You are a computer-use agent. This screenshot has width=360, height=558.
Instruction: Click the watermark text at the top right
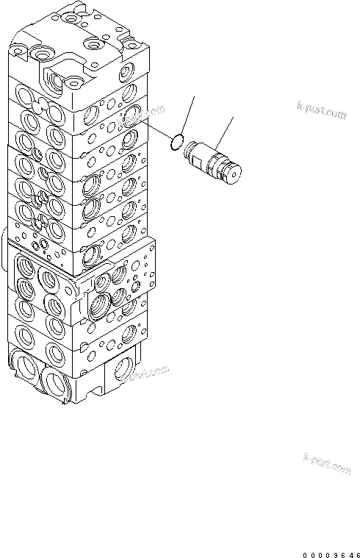point(322,112)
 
